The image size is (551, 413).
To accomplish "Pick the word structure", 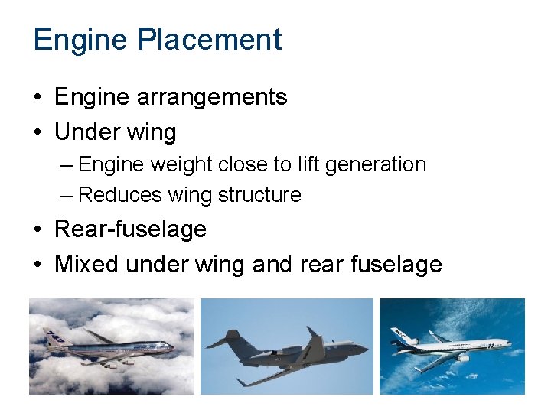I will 259,195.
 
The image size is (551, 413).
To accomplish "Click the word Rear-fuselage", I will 130,229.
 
